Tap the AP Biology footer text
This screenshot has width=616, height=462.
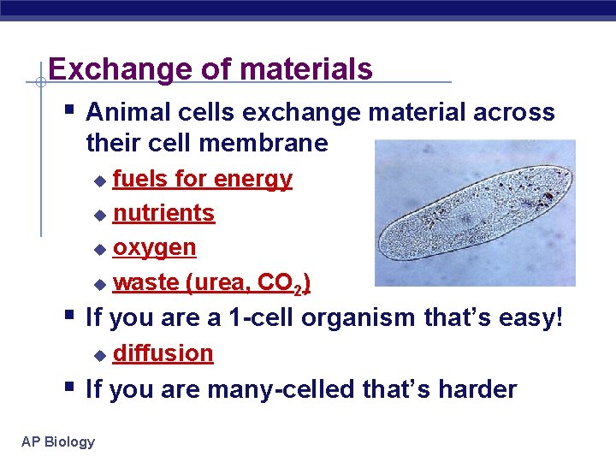pos(59,441)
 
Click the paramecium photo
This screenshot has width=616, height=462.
pos(475,212)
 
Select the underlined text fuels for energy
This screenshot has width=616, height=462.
pos(203,179)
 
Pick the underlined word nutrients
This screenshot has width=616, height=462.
pos(163,213)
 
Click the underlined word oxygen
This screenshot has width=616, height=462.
pos(155,248)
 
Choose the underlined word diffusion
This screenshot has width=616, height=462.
pos(163,353)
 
